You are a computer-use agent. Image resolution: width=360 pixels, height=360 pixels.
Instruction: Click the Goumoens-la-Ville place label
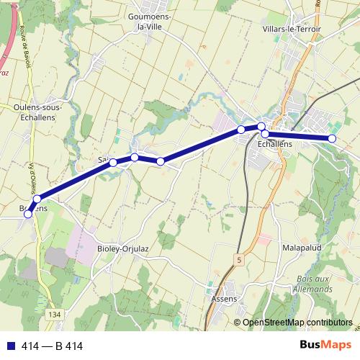pos(147,21)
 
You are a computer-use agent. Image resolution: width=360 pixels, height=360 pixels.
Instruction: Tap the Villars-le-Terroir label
pos(292,29)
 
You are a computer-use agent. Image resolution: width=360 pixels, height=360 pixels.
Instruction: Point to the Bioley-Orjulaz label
pos(123,249)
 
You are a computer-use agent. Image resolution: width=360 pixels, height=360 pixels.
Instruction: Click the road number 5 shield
pos(238,257)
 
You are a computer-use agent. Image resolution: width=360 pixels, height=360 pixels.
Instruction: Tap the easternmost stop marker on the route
pos(332,138)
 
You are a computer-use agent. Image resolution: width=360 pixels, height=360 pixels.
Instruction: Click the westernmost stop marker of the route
pos(29,214)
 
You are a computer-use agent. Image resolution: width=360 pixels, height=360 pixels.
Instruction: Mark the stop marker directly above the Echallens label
pos(265,134)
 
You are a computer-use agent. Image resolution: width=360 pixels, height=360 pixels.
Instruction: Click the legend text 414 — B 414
pos(52,346)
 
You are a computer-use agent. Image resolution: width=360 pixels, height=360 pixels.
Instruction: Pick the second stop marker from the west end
pos(37,199)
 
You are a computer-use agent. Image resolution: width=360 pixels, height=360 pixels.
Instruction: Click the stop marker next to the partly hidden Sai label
pos(113,163)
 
